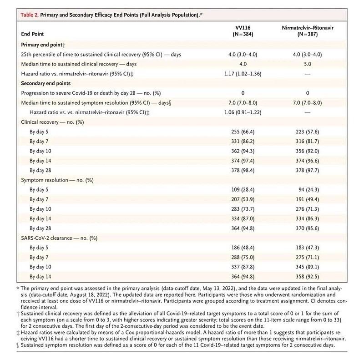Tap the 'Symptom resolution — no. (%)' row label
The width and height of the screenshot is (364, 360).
coord(57,180)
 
